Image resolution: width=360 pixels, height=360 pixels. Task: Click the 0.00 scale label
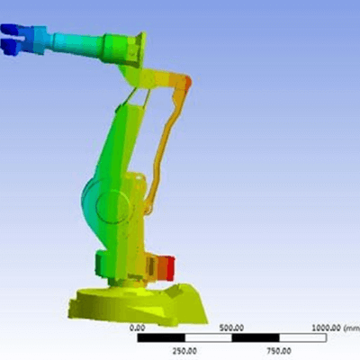pyautogui.click(x=137, y=328)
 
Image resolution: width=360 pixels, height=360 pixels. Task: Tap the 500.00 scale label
pyautogui.click(x=231, y=328)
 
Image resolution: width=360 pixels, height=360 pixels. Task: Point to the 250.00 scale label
pyautogui.click(x=184, y=351)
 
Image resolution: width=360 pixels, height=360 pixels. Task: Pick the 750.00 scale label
pyautogui.click(x=279, y=351)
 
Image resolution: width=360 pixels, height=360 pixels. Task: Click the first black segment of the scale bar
pyautogui.click(x=161, y=338)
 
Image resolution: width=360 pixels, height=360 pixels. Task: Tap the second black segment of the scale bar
pyautogui.click(x=256, y=338)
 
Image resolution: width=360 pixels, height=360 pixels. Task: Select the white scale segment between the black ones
pyautogui.click(x=208, y=338)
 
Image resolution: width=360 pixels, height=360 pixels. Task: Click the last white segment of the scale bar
pyautogui.click(x=302, y=338)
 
